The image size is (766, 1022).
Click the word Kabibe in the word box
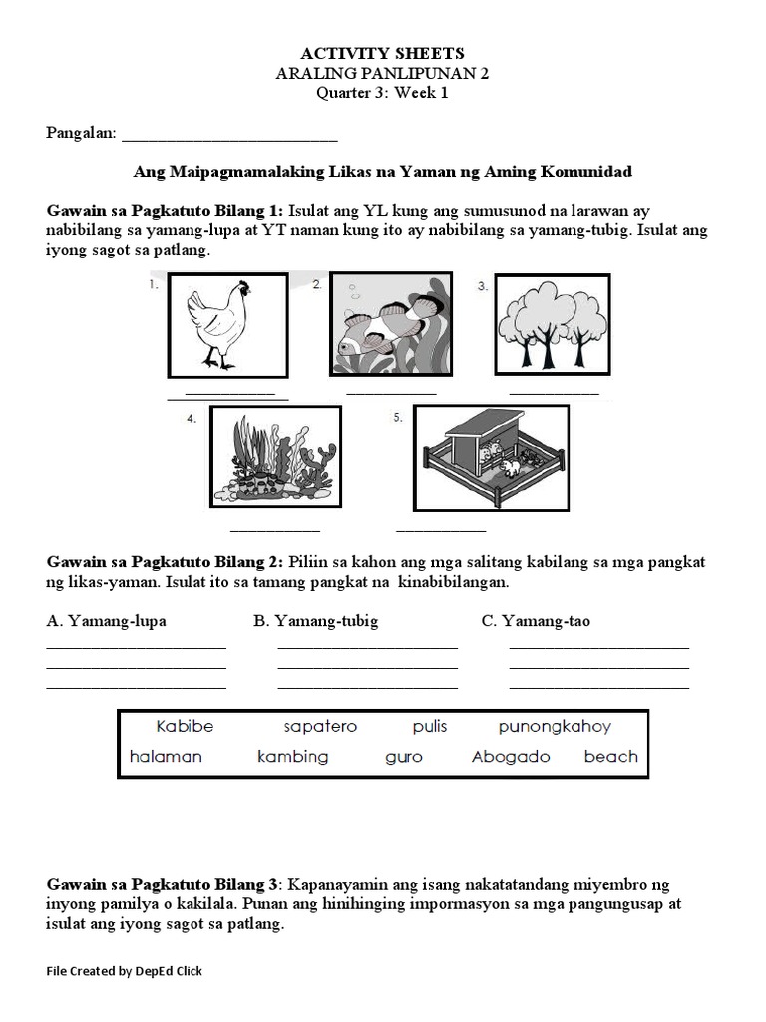pos(185,727)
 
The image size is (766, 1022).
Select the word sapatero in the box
pos(320,727)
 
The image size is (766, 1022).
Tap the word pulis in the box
pos(430,727)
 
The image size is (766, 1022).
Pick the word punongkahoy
pos(555,727)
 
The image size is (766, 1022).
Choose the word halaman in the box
pos(166,757)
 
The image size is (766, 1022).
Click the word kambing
pos(292,757)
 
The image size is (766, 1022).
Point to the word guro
pos(404,757)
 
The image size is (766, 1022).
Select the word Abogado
pos(511,757)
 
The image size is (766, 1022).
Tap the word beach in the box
pos(610,757)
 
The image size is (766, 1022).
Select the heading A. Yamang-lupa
pos(107,621)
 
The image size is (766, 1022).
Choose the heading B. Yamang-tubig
pos(316,621)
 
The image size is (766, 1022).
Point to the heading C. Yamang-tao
pos(536,621)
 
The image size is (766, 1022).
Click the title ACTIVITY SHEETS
pos(382,53)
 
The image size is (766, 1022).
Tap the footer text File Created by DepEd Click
pos(125,971)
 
